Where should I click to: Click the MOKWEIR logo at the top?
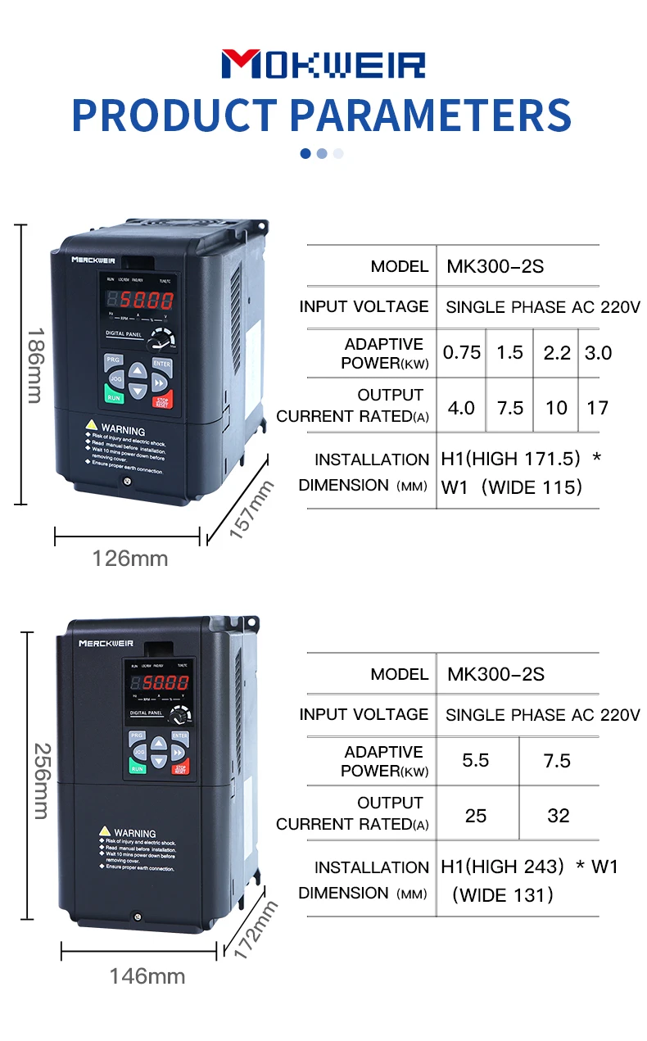[x=323, y=65]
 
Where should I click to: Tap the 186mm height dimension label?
[x=34, y=365]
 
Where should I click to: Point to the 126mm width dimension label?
[x=129, y=559]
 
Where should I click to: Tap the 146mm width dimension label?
[x=147, y=976]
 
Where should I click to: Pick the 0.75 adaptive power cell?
[x=462, y=353]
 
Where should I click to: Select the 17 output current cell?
[x=598, y=407]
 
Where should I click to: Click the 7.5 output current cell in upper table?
[x=510, y=407]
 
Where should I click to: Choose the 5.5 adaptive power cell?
[x=476, y=761]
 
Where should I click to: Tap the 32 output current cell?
[x=558, y=816]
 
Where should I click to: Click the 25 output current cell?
[x=476, y=816]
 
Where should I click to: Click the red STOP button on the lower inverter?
[x=180, y=767]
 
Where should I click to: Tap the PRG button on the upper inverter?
[x=112, y=360]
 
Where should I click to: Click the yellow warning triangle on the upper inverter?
[x=92, y=427]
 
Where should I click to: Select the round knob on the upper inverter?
[x=164, y=338]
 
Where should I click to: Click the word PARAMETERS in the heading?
[x=431, y=115]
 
